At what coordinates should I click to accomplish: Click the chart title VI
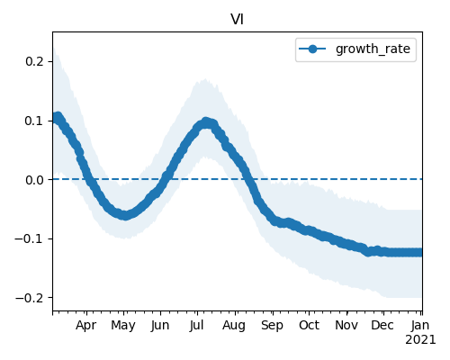pyautogui.click(x=237, y=20)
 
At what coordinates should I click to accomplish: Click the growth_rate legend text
pyautogui.click(x=373, y=49)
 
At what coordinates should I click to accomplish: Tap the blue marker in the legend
pyautogui.click(x=312, y=49)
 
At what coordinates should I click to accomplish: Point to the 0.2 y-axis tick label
pyautogui.click(x=34, y=61)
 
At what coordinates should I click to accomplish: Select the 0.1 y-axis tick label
pyautogui.click(x=34, y=121)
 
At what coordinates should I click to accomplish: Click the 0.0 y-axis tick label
pyautogui.click(x=34, y=180)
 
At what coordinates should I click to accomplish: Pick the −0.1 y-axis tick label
pyautogui.click(x=30, y=238)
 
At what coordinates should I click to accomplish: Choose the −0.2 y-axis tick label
pyautogui.click(x=30, y=298)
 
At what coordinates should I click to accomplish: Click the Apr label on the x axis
pyautogui.click(x=86, y=326)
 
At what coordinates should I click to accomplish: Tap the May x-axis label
pyautogui.click(x=123, y=326)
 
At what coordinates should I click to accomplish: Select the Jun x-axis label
pyautogui.click(x=160, y=326)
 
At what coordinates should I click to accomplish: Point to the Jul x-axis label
pyautogui.click(x=197, y=326)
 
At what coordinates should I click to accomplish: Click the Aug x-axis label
pyautogui.click(x=234, y=326)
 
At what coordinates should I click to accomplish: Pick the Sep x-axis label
pyautogui.click(x=272, y=326)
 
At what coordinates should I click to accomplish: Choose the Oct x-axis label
pyautogui.click(x=309, y=326)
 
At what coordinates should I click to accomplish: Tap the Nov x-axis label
pyautogui.click(x=346, y=326)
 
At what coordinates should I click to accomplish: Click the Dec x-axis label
pyautogui.click(x=382, y=326)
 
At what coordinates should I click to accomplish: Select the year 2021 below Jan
pyautogui.click(x=420, y=340)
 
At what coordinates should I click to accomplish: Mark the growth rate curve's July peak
pyautogui.click(x=206, y=122)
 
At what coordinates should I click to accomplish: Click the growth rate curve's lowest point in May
pyautogui.click(x=125, y=215)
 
